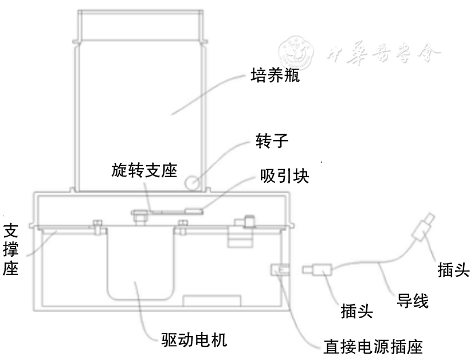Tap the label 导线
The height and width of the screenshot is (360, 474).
(x=412, y=300)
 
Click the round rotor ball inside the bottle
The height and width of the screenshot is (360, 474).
(x=192, y=182)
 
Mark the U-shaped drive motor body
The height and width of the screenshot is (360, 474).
(x=140, y=264)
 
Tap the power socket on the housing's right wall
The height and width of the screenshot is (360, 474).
(x=280, y=269)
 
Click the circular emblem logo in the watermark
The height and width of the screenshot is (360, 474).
(x=297, y=52)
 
